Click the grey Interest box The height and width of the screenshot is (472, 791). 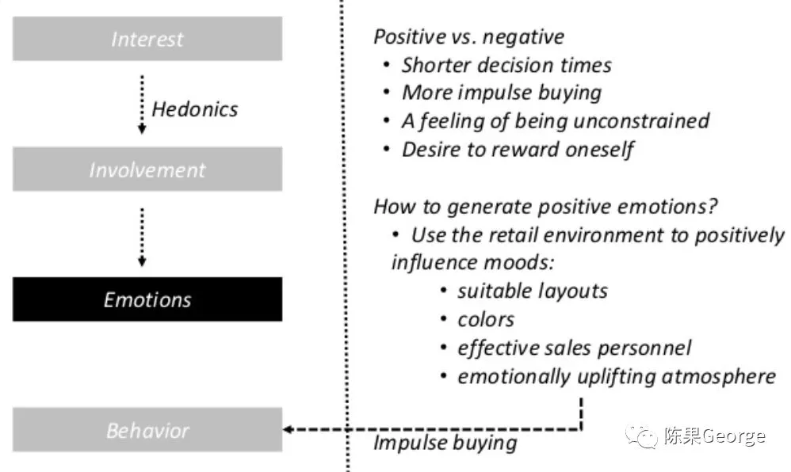pyautogui.click(x=147, y=39)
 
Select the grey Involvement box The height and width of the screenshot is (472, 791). pyautogui.click(x=147, y=169)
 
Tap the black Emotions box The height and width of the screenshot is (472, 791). pyautogui.click(x=147, y=299)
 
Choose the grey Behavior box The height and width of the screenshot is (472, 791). pyautogui.click(x=147, y=430)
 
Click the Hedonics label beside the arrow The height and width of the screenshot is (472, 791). pyautogui.click(x=194, y=108)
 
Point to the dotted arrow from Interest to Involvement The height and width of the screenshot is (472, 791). pyautogui.click(x=142, y=104)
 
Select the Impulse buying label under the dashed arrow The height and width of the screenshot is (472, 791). pyautogui.click(x=445, y=442)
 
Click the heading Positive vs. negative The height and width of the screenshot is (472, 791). pyautogui.click(x=468, y=36)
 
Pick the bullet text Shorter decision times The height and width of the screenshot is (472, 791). pyautogui.click(x=506, y=64)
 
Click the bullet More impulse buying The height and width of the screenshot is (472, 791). pyautogui.click(x=501, y=92)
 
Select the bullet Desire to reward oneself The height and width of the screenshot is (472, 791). pyautogui.click(x=517, y=149)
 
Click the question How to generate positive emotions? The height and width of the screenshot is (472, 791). pyautogui.click(x=545, y=207)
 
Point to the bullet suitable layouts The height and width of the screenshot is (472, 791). pyautogui.click(x=532, y=291)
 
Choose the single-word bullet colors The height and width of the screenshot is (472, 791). pyautogui.click(x=486, y=319)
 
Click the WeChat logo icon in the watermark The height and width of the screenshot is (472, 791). pyautogui.click(x=640, y=435)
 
